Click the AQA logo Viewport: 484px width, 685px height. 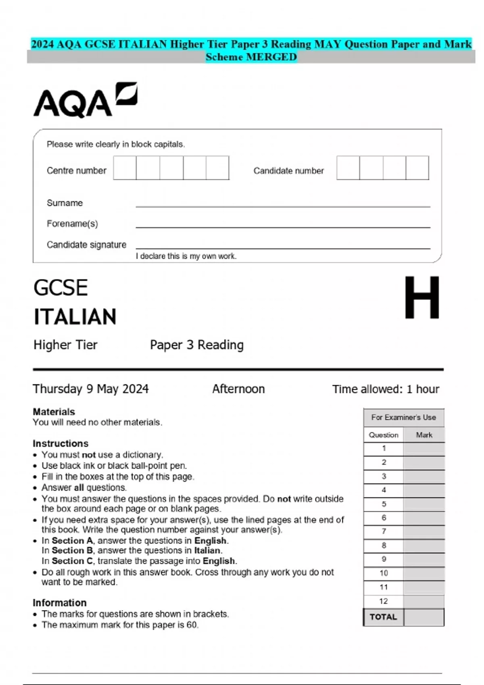click(85, 101)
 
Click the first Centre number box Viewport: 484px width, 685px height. click(125, 168)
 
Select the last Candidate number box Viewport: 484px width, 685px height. click(417, 168)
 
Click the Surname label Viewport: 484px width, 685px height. click(65, 203)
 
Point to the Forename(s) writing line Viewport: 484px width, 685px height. click(282, 226)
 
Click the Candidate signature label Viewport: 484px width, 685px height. click(86, 245)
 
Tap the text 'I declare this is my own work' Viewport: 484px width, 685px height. click(186, 256)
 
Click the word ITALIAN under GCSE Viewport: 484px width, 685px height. click(75, 317)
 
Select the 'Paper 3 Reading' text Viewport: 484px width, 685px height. click(197, 345)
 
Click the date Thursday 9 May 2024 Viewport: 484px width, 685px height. click(91, 389)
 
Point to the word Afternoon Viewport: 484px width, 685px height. click(238, 389)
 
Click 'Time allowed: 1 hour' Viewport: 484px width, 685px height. click(386, 389)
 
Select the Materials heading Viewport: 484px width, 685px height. click(54, 412)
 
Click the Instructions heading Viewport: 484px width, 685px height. click(60, 443)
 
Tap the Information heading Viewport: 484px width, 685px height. click(60, 603)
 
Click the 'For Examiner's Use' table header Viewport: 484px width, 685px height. click(403, 417)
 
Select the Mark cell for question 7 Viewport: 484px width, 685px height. click(424, 532)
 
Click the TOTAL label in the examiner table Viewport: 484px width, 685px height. click(383, 617)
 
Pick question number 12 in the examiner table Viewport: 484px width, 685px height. click(384, 601)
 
